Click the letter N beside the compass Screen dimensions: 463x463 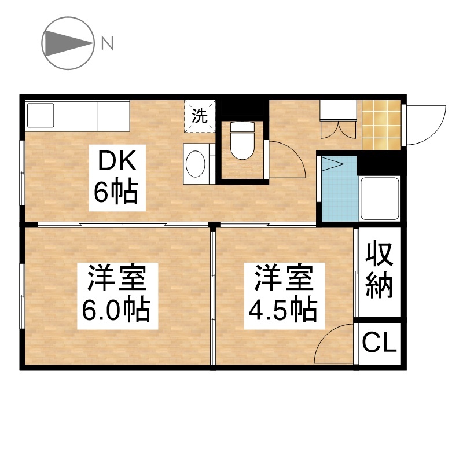point(108,43)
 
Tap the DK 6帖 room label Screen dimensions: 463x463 point(117,178)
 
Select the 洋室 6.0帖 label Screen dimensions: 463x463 point(117,296)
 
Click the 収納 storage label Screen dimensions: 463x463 point(379,271)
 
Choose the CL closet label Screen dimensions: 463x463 point(379,343)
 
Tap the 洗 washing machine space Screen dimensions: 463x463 point(200,116)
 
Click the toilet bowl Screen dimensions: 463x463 point(242,140)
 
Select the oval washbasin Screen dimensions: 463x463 point(196,164)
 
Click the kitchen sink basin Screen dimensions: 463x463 point(41,115)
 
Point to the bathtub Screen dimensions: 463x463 point(380,199)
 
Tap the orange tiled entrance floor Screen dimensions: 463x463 point(381,125)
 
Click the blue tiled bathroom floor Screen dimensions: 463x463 point(340,189)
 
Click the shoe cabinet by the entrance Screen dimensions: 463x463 point(339,119)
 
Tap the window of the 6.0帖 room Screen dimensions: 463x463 point(22,296)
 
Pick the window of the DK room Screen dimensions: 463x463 point(22,172)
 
